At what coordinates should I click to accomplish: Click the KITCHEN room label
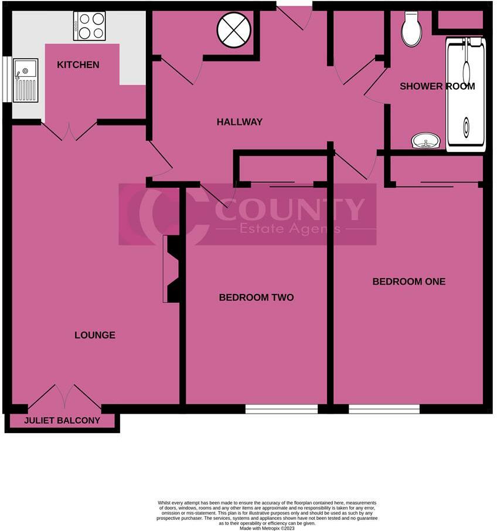78,65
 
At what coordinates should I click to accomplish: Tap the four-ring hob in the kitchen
89,26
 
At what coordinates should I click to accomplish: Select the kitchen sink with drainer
25,80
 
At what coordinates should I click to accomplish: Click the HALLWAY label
239,122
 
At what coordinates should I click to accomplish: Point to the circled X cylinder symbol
234,30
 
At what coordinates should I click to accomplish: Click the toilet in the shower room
411,30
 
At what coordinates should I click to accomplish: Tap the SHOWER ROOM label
437,86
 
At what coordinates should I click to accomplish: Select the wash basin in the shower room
426,141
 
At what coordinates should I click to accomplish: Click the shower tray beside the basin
466,94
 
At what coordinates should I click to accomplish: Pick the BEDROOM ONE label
409,282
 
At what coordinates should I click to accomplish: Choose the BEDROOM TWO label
256,297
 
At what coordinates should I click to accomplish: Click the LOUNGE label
95,335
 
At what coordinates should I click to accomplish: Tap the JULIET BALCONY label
62,421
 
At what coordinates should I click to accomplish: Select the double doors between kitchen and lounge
69,130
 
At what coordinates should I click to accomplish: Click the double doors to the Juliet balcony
64,397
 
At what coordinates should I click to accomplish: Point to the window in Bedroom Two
281,409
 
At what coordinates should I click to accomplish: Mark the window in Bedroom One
384,409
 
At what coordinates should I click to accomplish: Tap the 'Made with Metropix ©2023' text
267,527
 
